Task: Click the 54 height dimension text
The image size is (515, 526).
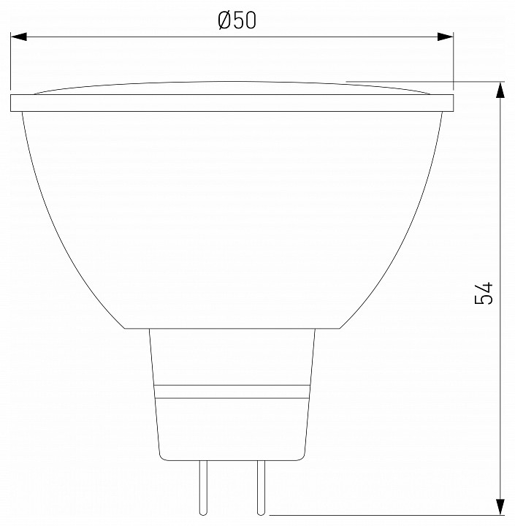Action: [484, 292]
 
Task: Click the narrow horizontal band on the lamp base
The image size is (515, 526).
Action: [232, 391]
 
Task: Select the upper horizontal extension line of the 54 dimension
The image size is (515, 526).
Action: [424, 81]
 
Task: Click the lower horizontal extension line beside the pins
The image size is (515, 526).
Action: [380, 515]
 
